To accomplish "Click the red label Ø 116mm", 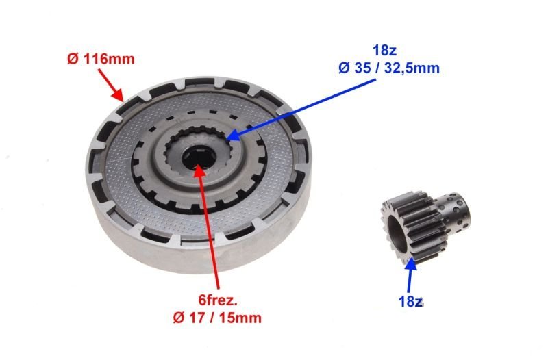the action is (x=101, y=59).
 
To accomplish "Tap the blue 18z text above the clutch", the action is (x=384, y=51).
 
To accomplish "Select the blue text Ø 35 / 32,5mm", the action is (x=389, y=68).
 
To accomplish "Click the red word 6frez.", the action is (x=218, y=300).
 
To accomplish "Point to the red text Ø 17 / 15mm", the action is (x=217, y=318).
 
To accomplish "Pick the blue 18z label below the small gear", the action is (x=410, y=302).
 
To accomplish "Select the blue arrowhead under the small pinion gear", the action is (x=412, y=263).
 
